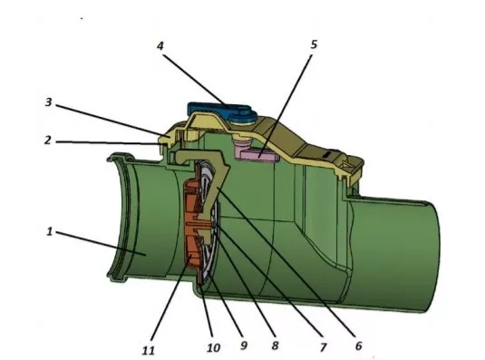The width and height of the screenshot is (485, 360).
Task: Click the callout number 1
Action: [50, 231]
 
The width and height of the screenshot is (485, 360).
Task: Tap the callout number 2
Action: [47, 141]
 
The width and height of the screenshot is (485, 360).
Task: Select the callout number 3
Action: [48, 102]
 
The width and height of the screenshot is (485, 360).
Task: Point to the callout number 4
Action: [160, 46]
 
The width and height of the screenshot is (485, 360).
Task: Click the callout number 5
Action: [314, 44]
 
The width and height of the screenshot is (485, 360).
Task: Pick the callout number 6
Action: [358, 345]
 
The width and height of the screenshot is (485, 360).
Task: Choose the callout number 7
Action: [324, 347]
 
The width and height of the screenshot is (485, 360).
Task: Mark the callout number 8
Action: [275, 345]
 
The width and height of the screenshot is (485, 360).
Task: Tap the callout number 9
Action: [244, 345]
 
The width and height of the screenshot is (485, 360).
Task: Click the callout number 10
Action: [213, 347]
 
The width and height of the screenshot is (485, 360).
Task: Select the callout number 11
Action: [148, 350]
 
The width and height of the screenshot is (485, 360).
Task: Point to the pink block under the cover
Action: [257, 152]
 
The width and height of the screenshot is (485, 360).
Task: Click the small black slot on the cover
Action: [328, 153]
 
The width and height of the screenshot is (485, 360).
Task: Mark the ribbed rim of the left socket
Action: [119, 217]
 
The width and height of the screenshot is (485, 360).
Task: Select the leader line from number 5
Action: [286, 105]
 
